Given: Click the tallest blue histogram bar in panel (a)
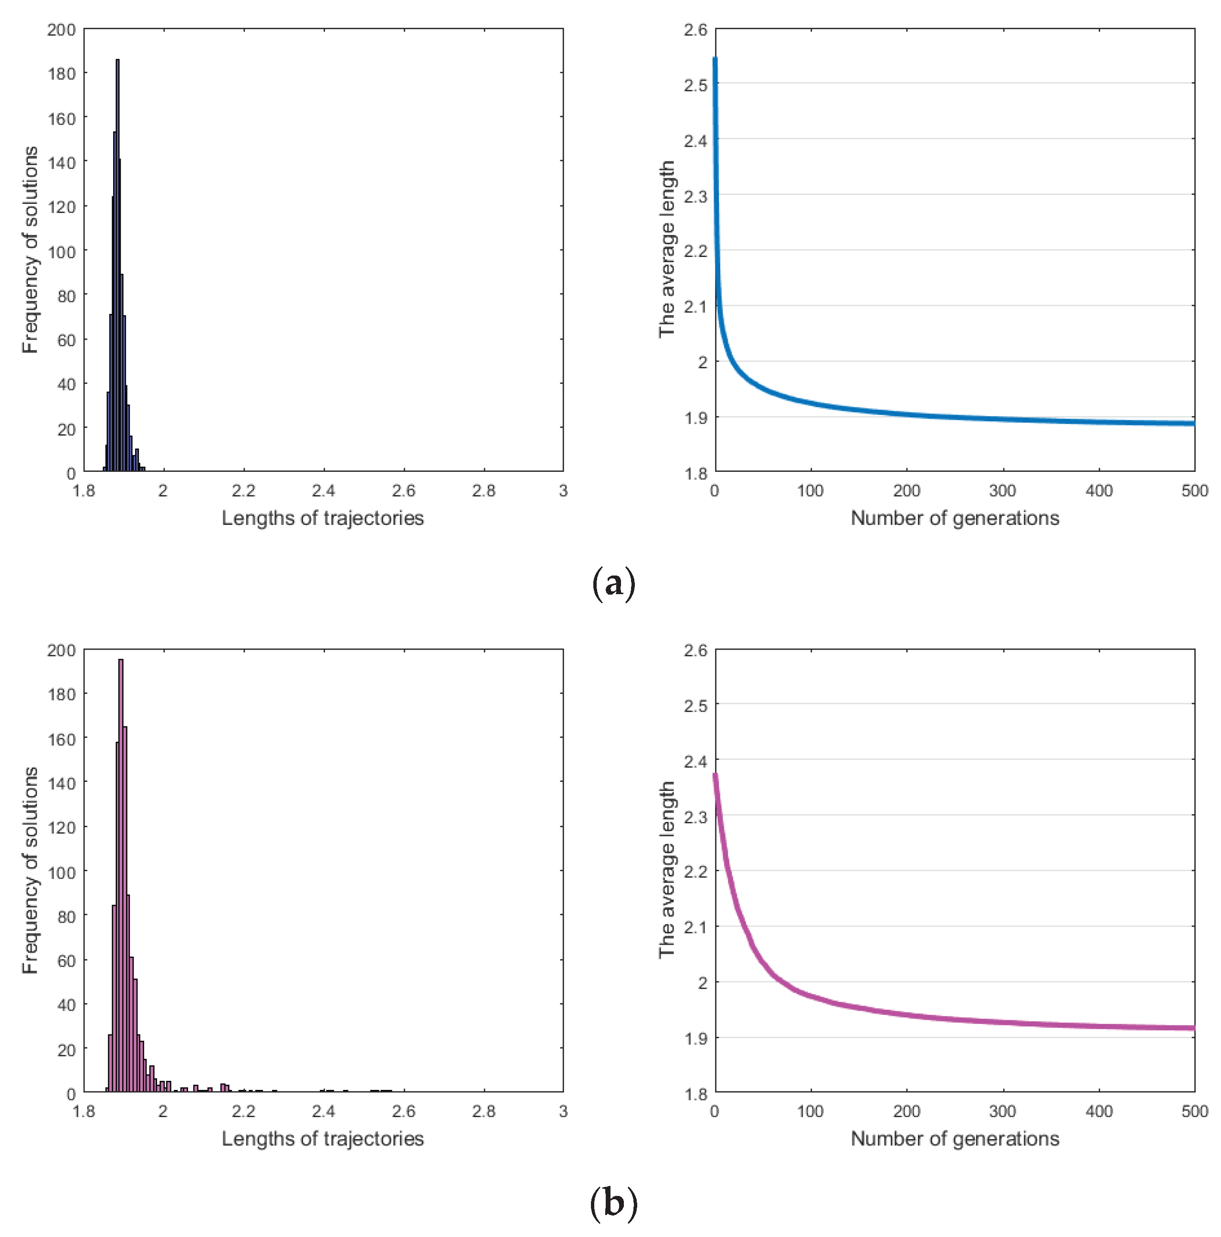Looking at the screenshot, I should [x=117, y=256].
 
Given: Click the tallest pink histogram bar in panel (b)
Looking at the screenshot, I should [x=120, y=864].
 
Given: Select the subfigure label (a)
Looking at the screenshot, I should [x=613, y=583].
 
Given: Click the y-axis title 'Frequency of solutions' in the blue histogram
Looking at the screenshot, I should [x=30, y=250].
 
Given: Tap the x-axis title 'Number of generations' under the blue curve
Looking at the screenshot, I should [x=954, y=518].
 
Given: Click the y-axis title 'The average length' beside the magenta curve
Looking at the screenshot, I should [x=666, y=870].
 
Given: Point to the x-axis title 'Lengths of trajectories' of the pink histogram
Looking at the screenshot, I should [x=323, y=1139].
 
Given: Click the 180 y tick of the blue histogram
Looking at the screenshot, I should [x=62, y=74].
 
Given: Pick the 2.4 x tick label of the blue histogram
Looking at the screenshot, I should [x=323, y=491].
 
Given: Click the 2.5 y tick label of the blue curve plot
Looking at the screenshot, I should [x=695, y=85].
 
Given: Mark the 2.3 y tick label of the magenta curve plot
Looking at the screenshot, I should [x=695, y=817].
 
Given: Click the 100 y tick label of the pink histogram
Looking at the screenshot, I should [x=62, y=872].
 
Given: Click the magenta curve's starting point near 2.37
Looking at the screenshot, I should [x=716, y=777].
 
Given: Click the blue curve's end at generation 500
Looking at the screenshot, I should [x=1192, y=423].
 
